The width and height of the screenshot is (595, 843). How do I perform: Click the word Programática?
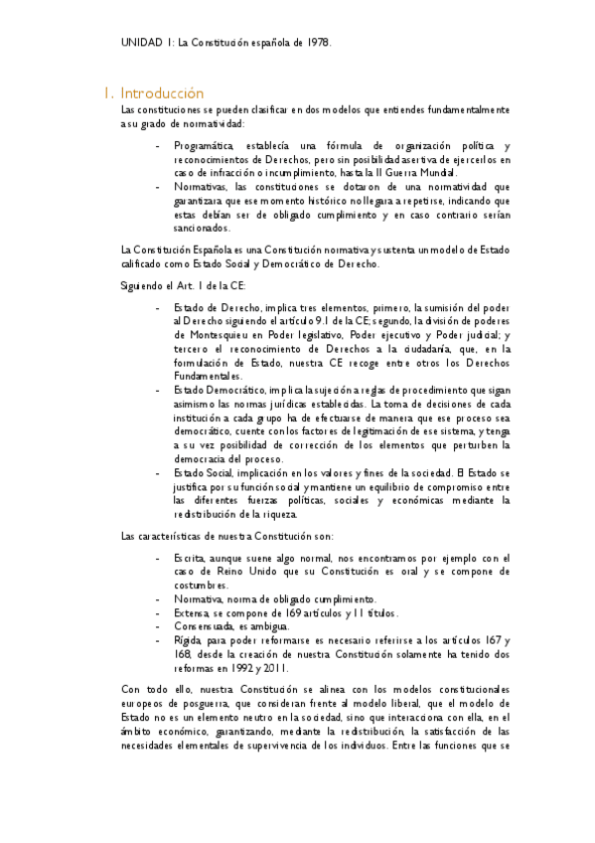click(206, 146)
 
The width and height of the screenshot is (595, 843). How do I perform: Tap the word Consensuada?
click(204, 627)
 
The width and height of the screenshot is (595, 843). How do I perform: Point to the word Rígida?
click(187, 641)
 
